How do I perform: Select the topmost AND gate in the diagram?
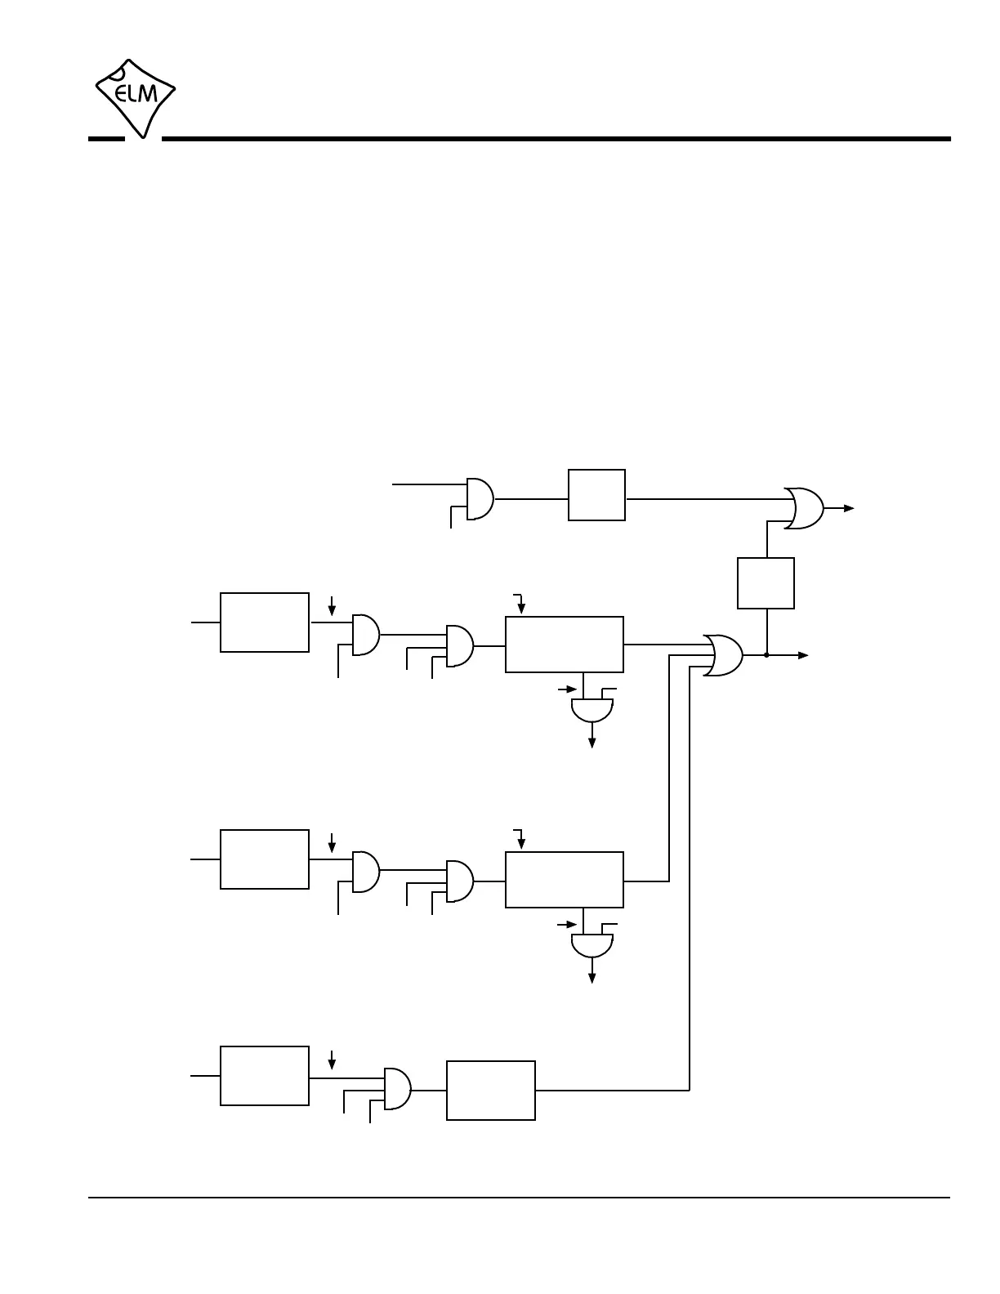pyautogui.click(x=480, y=498)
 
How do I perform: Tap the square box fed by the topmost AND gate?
pyautogui.click(x=596, y=495)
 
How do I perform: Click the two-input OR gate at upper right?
pyautogui.click(x=804, y=508)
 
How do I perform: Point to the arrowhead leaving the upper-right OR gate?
pyautogui.click(x=850, y=508)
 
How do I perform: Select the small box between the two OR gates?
pyautogui.click(x=766, y=583)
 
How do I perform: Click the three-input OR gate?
pyautogui.click(x=723, y=654)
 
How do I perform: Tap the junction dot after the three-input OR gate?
pyautogui.click(x=766, y=655)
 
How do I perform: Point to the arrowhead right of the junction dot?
pyautogui.click(x=804, y=655)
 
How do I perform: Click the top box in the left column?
pyautogui.click(x=265, y=622)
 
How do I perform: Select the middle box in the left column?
pyautogui.click(x=265, y=859)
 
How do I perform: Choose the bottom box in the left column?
pyautogui.click(x=265, y=1076)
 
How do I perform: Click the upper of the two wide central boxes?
pyautogui.click(x=565, y=645)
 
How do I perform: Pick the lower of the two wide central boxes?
pyautogui.click(x=565, y=880)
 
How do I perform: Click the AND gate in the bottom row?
pyautogui.click(x=398, y=1089)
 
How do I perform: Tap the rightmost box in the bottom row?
pyautogui.click(x=491, y=1091)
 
